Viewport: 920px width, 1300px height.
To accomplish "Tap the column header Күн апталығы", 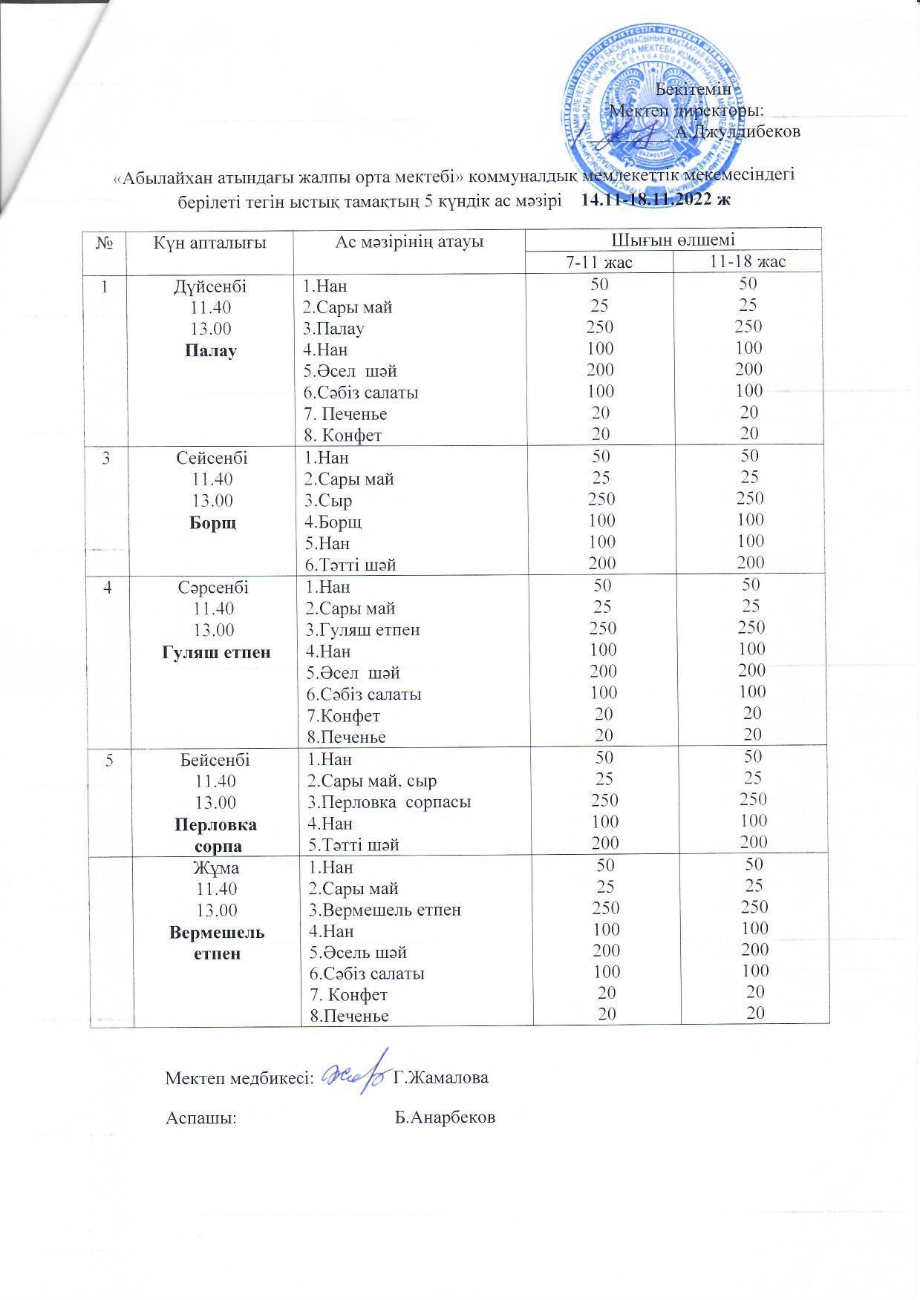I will pyautogui.click(x=210, y=242).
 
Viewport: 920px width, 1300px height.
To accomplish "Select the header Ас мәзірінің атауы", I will pyautogui.click(x=409, y=242).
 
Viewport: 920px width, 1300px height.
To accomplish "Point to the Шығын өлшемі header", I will pyautogui.click(x=673, y=240).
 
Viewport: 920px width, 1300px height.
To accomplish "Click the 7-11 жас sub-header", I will pyautogui.click(x=599, y=261).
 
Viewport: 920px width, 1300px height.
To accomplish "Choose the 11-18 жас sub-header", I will pyautogui.click(x=748, y=261).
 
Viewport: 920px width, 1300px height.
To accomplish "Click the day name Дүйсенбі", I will pyautogui.click(x=210, y=286).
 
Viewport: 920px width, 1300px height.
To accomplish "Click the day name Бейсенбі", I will pyautogui.click(x=215, y=760).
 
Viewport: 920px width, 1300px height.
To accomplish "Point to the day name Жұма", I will pyautogui.click(x=215, y=867).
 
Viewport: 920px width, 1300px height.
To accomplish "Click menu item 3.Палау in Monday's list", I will pyautogui.click(x=333, y=329).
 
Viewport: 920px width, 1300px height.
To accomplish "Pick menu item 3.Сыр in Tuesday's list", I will pyautogui.click(x=328, y=501).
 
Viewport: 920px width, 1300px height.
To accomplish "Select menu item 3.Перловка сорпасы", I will pyautogui.click(x=389, y=802).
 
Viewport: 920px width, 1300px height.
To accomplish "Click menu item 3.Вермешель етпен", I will pyautogui.click(x=384, y=910).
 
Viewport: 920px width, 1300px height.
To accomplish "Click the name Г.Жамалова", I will pyautogui.click(x=440, y=1077).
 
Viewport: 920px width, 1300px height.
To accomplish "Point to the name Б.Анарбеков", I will pyautogui.click(x=445, y=1117).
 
